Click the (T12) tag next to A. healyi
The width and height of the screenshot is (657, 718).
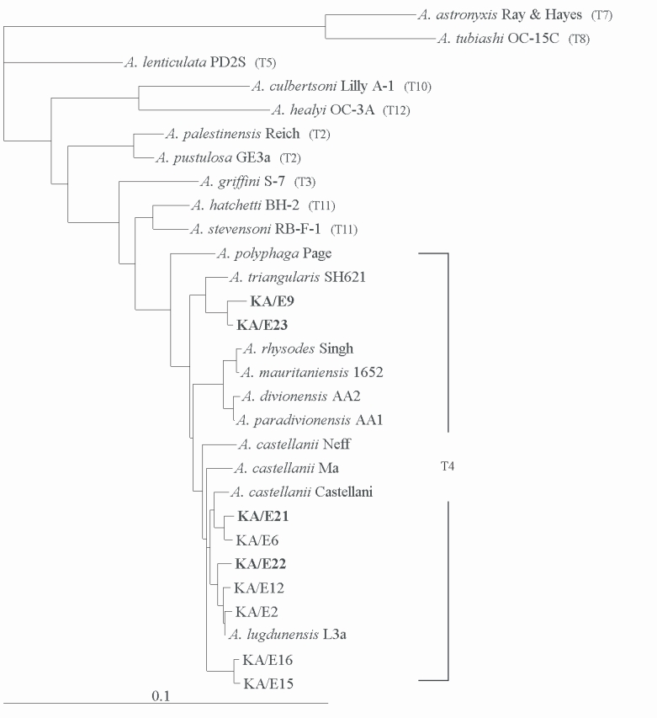click(x=395, y=110)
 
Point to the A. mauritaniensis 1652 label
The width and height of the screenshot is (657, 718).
click(x=310, y=371)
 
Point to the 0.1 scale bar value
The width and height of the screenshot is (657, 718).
click(x=161, y=696)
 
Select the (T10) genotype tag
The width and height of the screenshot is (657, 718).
click(x=417, y=87)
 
